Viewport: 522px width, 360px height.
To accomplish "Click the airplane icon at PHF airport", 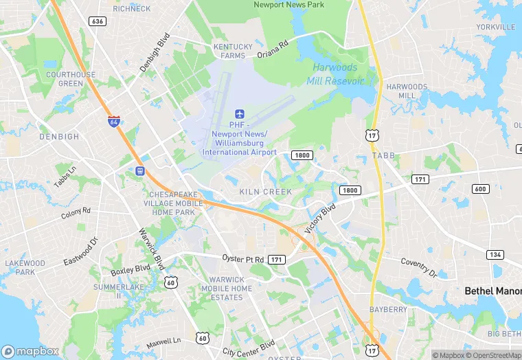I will [240, 113].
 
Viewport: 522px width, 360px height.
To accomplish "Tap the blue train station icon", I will [141, 170].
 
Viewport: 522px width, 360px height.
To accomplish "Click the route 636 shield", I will [98, 21].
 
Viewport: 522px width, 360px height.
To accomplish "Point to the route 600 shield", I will [480, 189].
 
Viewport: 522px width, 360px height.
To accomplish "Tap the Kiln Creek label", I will [266, 192].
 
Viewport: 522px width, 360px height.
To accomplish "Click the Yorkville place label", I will [495, 27].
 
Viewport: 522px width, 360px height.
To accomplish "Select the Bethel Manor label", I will [492, 291].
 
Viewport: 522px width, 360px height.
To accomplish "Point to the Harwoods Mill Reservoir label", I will [338, 74].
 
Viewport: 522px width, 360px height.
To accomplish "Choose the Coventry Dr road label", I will [419, 267].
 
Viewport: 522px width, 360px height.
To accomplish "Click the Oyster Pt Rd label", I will [242, 258].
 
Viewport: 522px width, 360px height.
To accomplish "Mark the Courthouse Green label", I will [70, 79].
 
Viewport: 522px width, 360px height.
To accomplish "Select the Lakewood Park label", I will [25, 267].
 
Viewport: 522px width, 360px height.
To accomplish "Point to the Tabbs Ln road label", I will [65, 177].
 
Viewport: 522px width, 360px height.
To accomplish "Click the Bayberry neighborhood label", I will [389, 310].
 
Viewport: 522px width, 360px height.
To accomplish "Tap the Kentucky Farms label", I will [233, 51].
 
